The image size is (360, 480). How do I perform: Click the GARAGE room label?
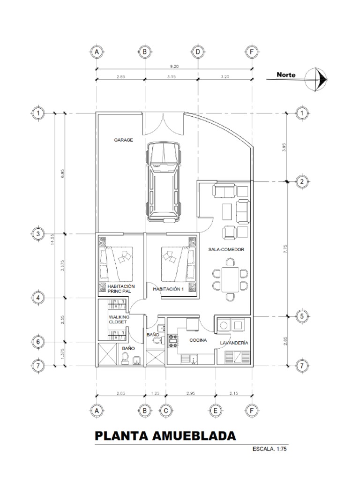[x=124, y=140]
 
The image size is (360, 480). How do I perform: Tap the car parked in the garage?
[x=164, y=182]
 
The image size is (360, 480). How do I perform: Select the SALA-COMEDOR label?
[x=226, y=249]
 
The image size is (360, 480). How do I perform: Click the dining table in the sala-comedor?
[x=230, y=279]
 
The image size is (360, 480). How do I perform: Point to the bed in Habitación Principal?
[x=116, y=264]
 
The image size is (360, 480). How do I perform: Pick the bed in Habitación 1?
[x=178, y=264]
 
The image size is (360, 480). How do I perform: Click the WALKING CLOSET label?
[x=119, y=319]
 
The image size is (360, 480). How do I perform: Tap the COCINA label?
[x=198, y=340]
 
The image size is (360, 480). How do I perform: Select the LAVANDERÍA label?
[x=234, y=343]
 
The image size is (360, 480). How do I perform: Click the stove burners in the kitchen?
[x=173, y=341]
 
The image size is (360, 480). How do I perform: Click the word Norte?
[x=286, y=75]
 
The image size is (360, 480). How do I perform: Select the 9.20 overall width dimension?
[x=174, y=67]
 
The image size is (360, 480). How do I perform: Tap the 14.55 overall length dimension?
[x=52, y=240]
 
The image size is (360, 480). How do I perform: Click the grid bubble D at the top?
[x=198, y=52]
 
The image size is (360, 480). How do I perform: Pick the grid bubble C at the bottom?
[x=166, y=411]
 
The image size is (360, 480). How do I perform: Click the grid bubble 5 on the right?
[x=302, y=316]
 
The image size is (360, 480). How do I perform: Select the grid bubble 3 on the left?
[x=38, y=234]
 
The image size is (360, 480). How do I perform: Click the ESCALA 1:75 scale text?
[x=270, y=449]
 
